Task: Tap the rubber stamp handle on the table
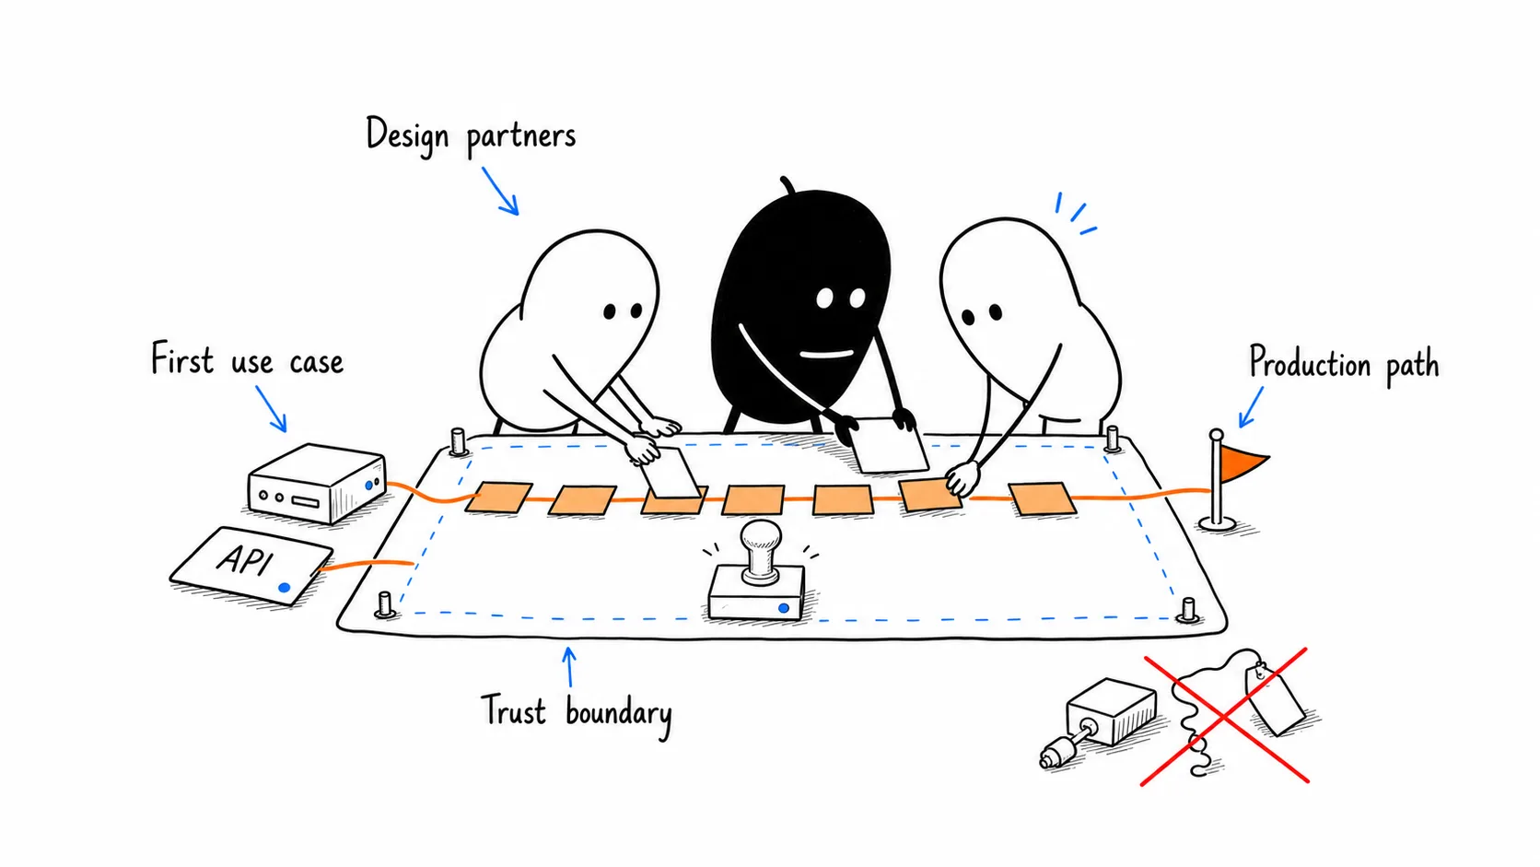point(761,551)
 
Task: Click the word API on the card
point(245,559)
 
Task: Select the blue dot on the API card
point(284,588)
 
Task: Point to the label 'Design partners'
point(471,135)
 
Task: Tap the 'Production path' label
point(1344,364)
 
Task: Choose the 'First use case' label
point(247,360)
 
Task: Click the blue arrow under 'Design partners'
point(500,191)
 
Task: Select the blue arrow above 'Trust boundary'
point(568,666)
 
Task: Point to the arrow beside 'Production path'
point(1251,407)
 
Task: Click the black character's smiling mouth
point(826,355)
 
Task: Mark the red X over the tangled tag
point(1224,716)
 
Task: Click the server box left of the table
point(316,484)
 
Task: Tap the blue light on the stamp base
point(783,608)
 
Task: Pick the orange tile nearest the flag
point(1043,498)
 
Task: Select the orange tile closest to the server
point(498,498)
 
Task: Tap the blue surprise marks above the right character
point(1075,213)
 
